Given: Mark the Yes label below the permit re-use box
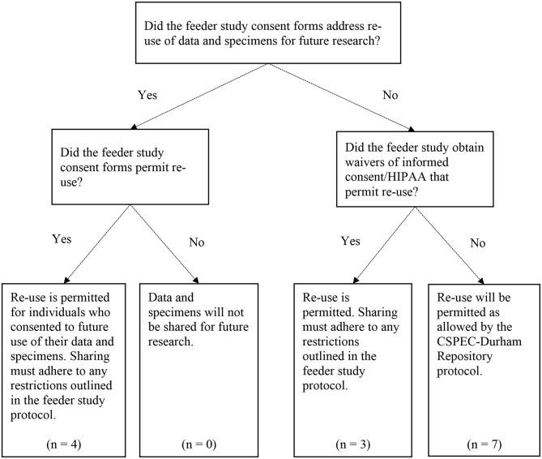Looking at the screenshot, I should (x=62, y=239).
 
